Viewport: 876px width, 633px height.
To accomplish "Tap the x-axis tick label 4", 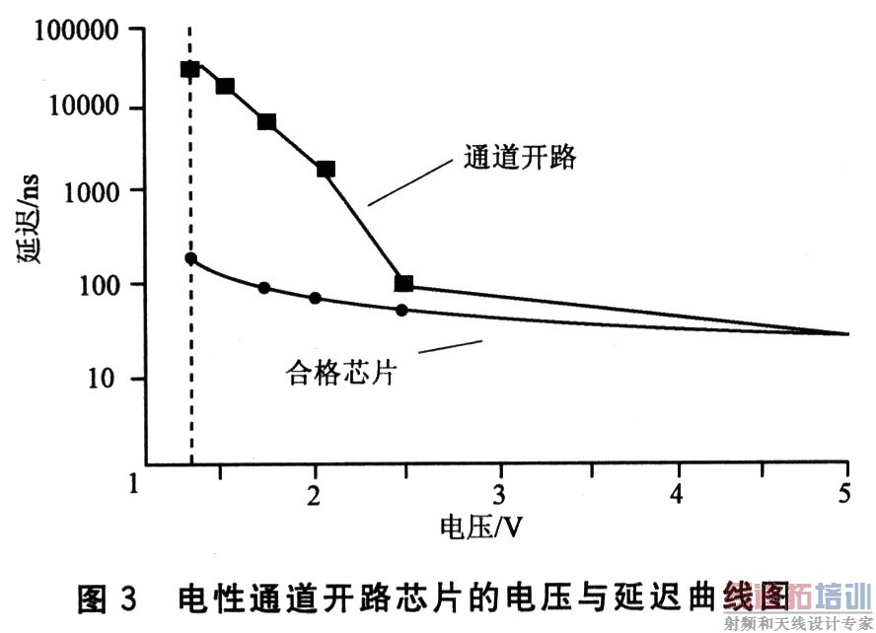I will point(678,492).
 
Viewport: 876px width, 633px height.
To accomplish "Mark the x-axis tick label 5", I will point(845,492).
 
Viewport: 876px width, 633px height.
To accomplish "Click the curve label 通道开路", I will point(519,158).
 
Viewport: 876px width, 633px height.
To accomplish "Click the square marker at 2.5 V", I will point(403,284).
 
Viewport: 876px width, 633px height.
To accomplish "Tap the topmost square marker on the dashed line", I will point(189,69).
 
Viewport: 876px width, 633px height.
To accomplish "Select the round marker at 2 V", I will point(315,298).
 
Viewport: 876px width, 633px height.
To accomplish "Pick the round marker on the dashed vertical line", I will point(190,258).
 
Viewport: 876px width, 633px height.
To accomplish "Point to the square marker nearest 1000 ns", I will point(326,170).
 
